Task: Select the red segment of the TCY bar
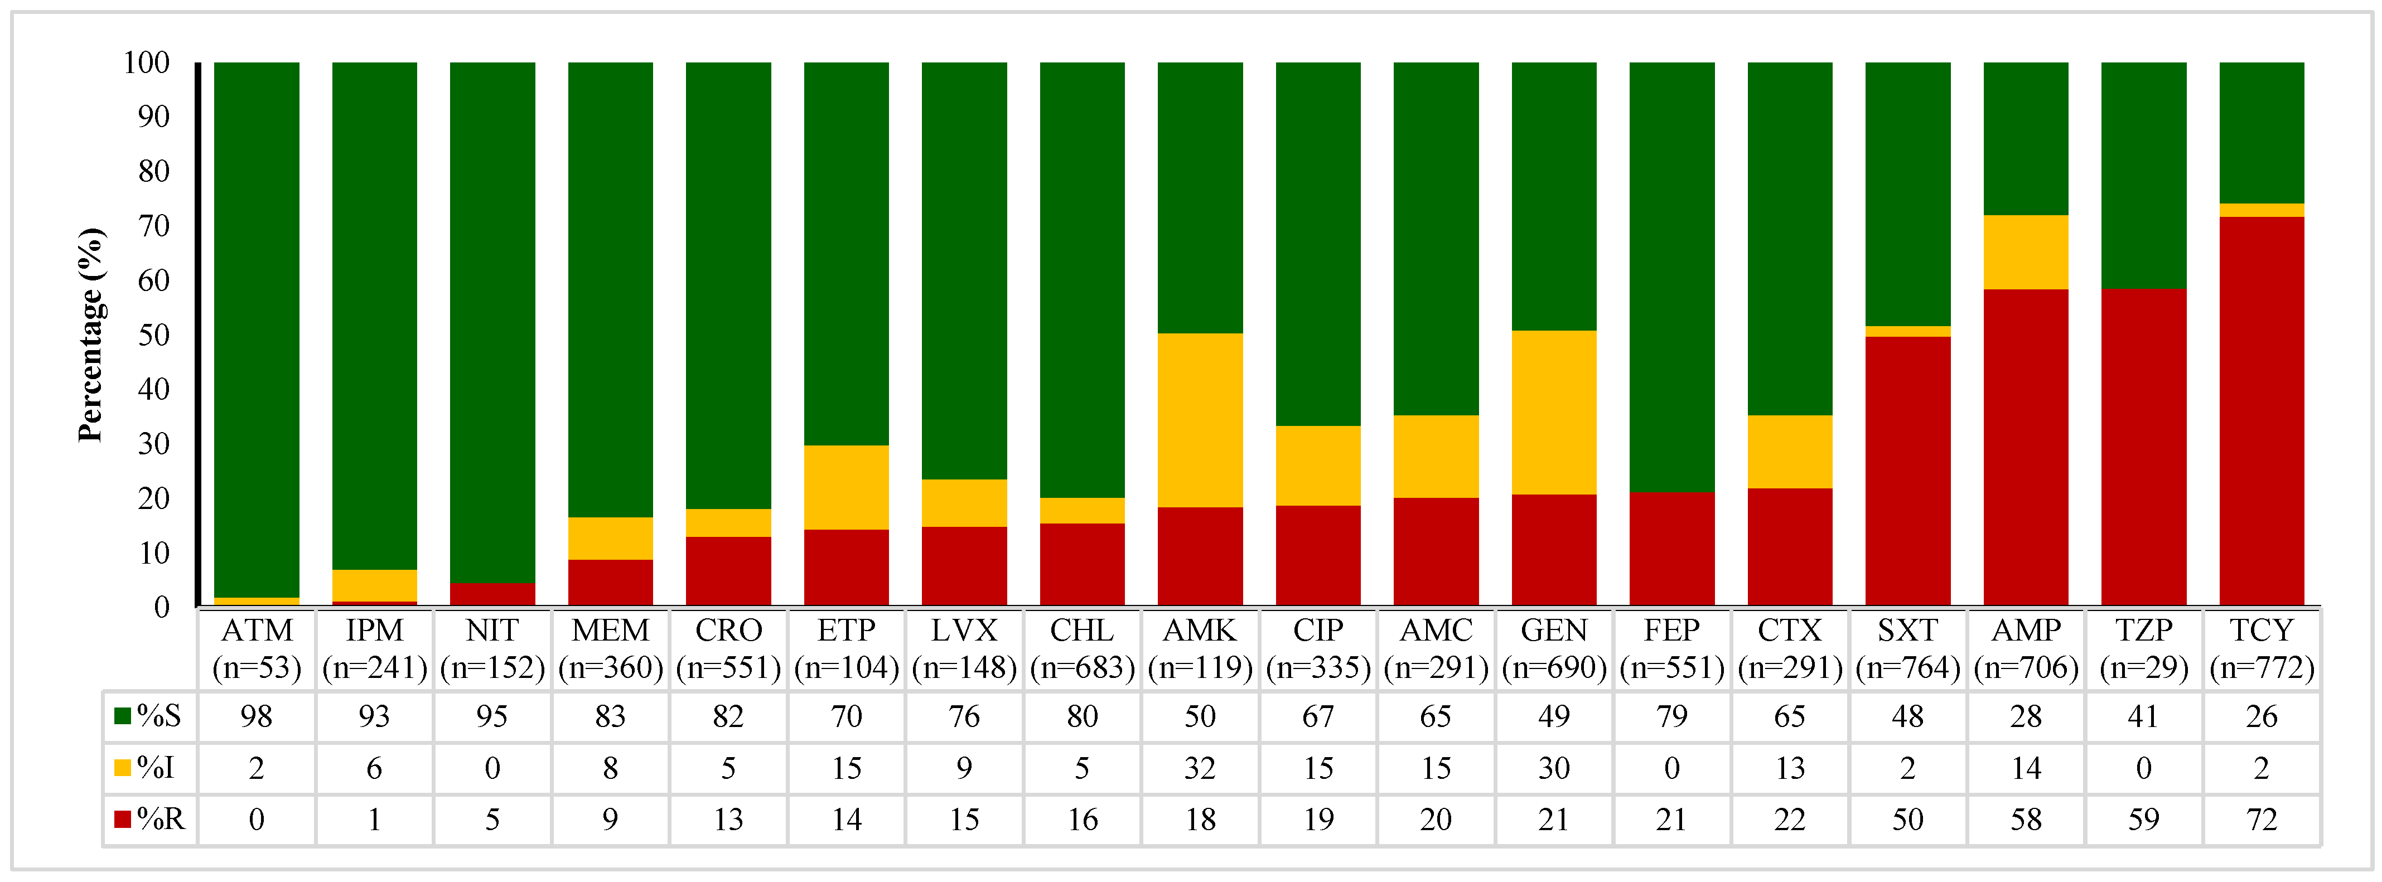click(x=2261, y=411)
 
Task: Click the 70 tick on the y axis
click(x=153, y=226)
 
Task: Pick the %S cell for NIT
click(x=492, y=716)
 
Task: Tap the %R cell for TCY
click(x=2261, y=819)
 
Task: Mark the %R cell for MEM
click(x=610, y=819)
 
